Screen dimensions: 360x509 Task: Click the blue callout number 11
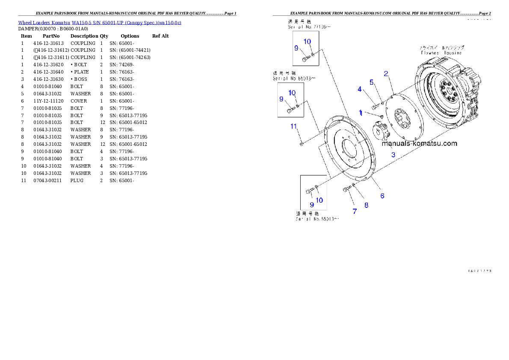[x=293, y=126]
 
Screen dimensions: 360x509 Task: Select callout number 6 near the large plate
[x=382, y=196]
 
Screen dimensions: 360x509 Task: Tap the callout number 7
[x=355, y=211]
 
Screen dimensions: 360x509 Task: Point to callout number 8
[x=366, y=205]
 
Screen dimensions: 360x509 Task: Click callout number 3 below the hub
[x=393, y=154]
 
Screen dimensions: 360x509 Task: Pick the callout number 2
[x=386, y=74]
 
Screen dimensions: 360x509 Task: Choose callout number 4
[x=360, y=89]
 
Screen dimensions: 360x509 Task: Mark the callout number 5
[x=372, y=82]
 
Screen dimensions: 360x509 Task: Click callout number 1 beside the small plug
[x=361, y=113]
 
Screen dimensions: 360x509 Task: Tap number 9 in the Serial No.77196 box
[x=296, y=48]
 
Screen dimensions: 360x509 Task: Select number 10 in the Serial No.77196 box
[x=308, y=41]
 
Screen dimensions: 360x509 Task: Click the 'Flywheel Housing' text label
[x=441, y=53]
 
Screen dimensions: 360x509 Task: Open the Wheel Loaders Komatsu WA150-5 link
[x=99, y=22]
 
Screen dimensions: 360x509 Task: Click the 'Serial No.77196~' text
[x=309, y=27]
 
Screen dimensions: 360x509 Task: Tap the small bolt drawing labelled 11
[x=301, y=144]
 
